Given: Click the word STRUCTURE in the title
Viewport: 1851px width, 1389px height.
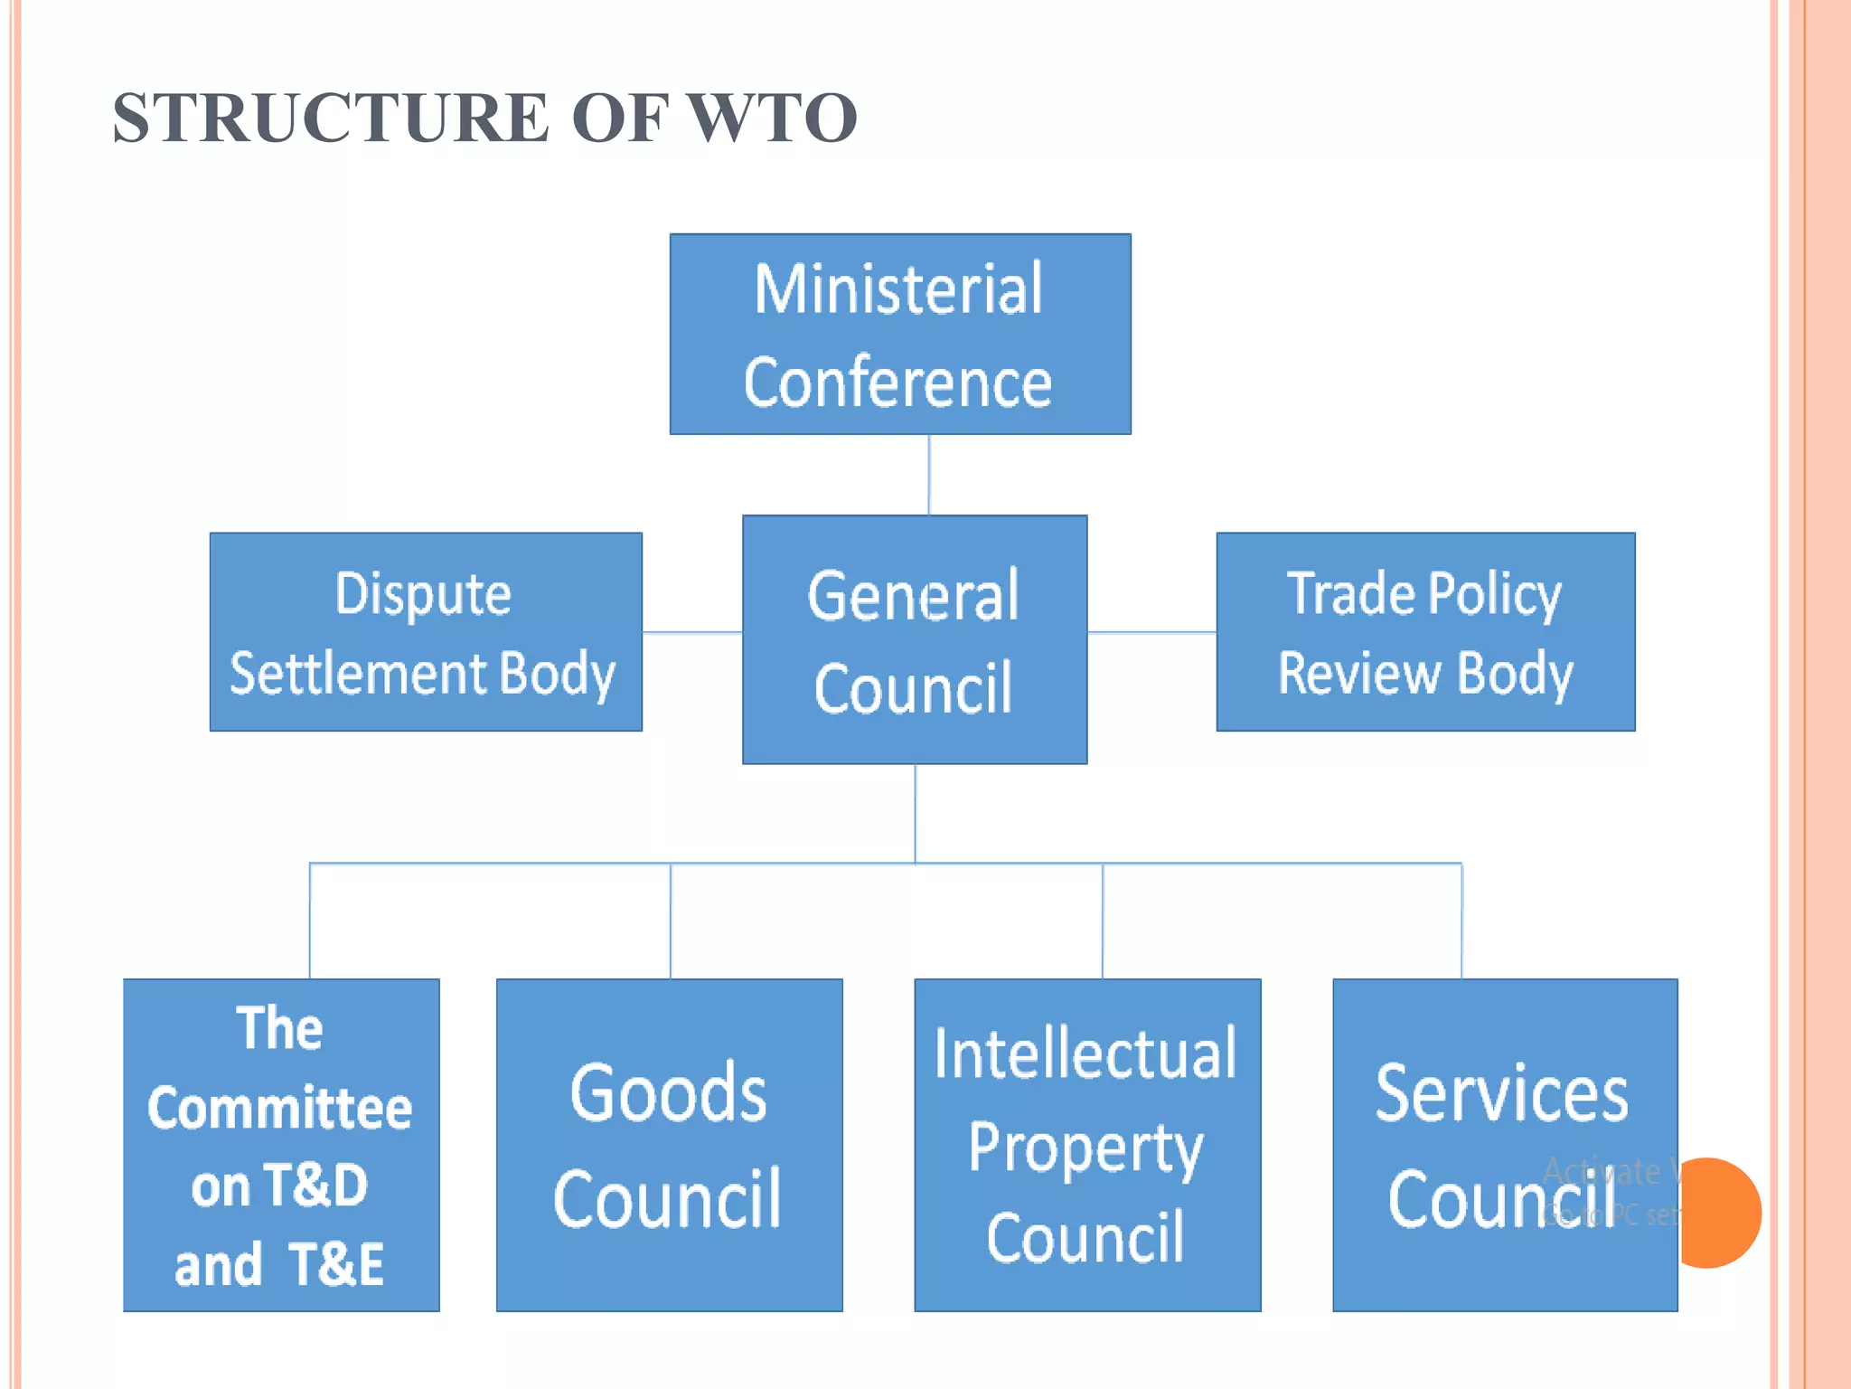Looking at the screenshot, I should pyautogui.click(x=331, y=118).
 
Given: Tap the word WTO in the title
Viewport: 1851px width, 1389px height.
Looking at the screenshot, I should pyautogui.click(x=772, y=118).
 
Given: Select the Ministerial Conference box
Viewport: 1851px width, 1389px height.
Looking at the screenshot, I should pyautogui.click(x=900, y=335).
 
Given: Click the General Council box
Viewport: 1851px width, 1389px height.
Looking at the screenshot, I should pyautogui.click(x=915, y=640).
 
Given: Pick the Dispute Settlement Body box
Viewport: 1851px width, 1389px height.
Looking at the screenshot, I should pyautogui.click(x=426, y=632).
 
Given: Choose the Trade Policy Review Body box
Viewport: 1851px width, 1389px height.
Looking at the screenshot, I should pyautogui.click(x=1425, y=632).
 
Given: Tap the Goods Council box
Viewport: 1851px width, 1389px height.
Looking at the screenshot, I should pyautogui.click(x=669, y=1145).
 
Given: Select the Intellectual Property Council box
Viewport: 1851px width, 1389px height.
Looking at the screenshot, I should pyautogui.click(x=1087, y=1145).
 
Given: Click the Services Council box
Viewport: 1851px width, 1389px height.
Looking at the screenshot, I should pyautogui.click(x=1505, y=1145).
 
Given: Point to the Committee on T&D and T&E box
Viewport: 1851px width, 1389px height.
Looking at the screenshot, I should pyautogui.click(x=281, y=1145).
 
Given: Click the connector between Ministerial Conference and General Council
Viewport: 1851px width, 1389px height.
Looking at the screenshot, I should pyautogui.click(x=929, y=475).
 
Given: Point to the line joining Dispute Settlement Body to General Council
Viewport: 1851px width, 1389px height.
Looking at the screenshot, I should pyautogui.click(x=692, y=632).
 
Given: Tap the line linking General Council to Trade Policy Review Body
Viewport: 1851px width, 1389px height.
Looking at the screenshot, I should pyautogui.click(x=1151, y=632).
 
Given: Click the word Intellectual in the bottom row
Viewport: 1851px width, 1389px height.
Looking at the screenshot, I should pyautogui.click(x=1085, y=1054).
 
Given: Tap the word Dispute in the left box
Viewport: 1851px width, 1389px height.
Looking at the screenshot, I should pyautogui.click(x=423, y=594).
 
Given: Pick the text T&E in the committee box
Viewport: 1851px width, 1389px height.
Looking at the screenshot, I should pyautogui.click(x=337, y=1264).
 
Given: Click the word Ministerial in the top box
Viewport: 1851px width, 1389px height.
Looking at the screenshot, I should pyautogui.click(x=898, y=289).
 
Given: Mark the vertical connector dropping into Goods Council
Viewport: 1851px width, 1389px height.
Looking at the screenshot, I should pyautogui.click(x=671, y=921).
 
